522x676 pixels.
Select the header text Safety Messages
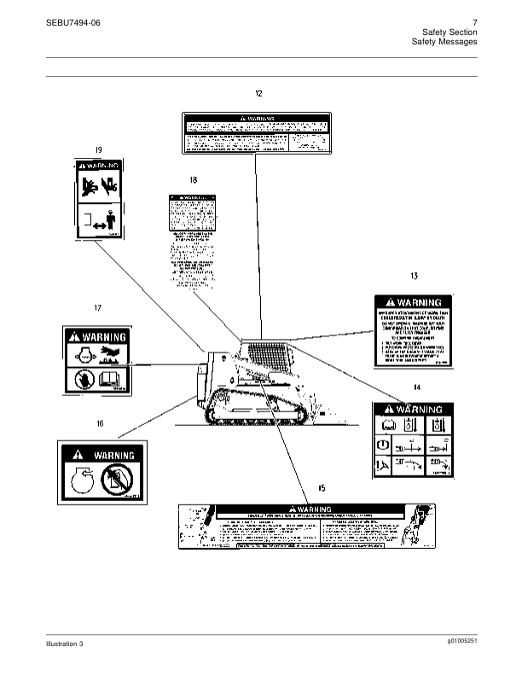444,41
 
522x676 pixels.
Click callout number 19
98,149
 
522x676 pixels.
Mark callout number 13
414,277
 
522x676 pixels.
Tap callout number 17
98,307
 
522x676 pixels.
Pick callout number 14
416,388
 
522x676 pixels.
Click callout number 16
100,422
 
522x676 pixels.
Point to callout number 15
322,487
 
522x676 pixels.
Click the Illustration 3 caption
65,643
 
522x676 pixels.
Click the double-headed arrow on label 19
99,226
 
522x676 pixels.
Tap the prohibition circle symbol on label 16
117,481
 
